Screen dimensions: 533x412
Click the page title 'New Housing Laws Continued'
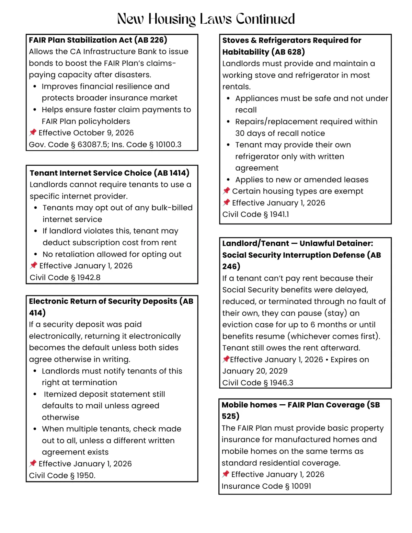pyautogui.click(x=206, y=19)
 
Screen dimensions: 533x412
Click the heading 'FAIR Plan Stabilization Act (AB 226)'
pyautogui.click(x=98, y=40)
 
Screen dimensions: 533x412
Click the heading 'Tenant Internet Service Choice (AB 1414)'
pyautogui.click(x=109, y=173)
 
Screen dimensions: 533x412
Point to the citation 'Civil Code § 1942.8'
pyautogui.click(x=65, y=277)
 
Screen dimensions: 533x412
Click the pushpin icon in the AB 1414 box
pyautogui.click(x=33, y=265)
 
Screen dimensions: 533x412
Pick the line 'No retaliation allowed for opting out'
pyautogui.click(x=112, y=254)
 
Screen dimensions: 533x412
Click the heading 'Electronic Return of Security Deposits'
pyautogui.click(x=103, y=301)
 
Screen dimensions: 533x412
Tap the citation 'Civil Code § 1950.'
pyautogui.click(x=62, y=475)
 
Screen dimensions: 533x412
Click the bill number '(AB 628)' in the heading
pyautogui.click(x=288, y=52)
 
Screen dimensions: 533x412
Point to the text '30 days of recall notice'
pyautogui.click(x=280, y=133)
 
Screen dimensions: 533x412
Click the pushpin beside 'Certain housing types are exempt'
pyautogui.click(x=226, y=191)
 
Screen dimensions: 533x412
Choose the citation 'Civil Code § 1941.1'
pyautogui.click(x=255, y=214)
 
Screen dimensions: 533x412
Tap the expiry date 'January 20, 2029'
pyautogui.click(x=255, y=371)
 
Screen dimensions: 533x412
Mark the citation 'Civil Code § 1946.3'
pyautogui.click(x=257, y=383)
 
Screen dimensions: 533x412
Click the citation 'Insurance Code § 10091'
pyautogui.click(x=266, y=486)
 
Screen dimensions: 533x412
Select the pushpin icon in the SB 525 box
pyautogui.click(x=226, y=474)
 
